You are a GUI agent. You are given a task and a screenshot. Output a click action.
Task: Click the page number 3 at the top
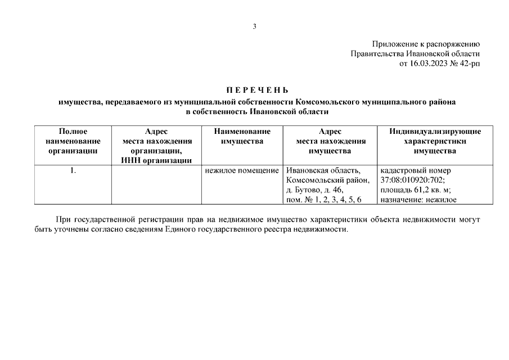pyautogui.click(x=254, y=26)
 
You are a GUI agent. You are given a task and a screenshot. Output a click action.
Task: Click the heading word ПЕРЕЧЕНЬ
pyautogui.click(x=257, y=91)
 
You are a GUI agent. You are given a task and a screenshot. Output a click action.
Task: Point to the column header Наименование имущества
pyautogui.click(x=242, y=136)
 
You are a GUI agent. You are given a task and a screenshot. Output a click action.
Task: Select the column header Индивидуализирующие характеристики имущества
pyautogui.click(x=435, y=141)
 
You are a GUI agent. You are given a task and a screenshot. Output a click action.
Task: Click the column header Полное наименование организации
pyautogui.click(x=73, y=141)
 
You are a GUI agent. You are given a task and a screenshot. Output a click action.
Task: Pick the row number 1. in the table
pyautogui.click(x=73, y=170)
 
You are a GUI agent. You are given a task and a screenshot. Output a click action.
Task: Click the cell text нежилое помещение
pyautogui.click(x=242, y=170)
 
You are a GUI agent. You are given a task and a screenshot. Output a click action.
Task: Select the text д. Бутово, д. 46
pyautogui.click(x=318, y=190)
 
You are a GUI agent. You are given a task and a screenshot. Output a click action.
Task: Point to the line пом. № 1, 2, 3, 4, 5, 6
pyautogui.click(x=323, y=199)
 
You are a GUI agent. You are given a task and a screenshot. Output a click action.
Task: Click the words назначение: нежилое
pyautogui.click(x=418, y=199)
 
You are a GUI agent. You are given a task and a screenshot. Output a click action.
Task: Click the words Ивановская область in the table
pyautogui.click(x=323, y=170)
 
